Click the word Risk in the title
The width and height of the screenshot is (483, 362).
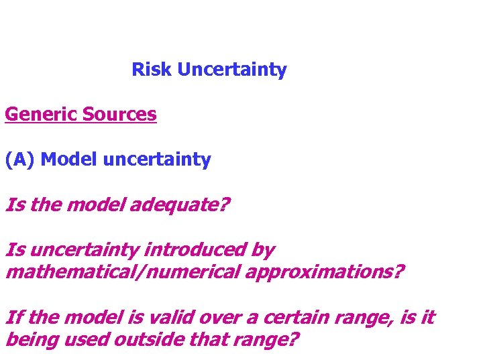pyautogui.click(x=152, y=70)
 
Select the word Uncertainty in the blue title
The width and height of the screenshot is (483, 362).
pyautogui.click(x=231, y=70)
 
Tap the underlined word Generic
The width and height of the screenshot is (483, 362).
pyautogui.click(x=41, y=115)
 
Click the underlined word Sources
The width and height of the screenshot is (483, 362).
pyautogui.click(x=119, y=115)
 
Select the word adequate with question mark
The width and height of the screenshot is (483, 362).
pyautogui.click(x=179, y=204)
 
